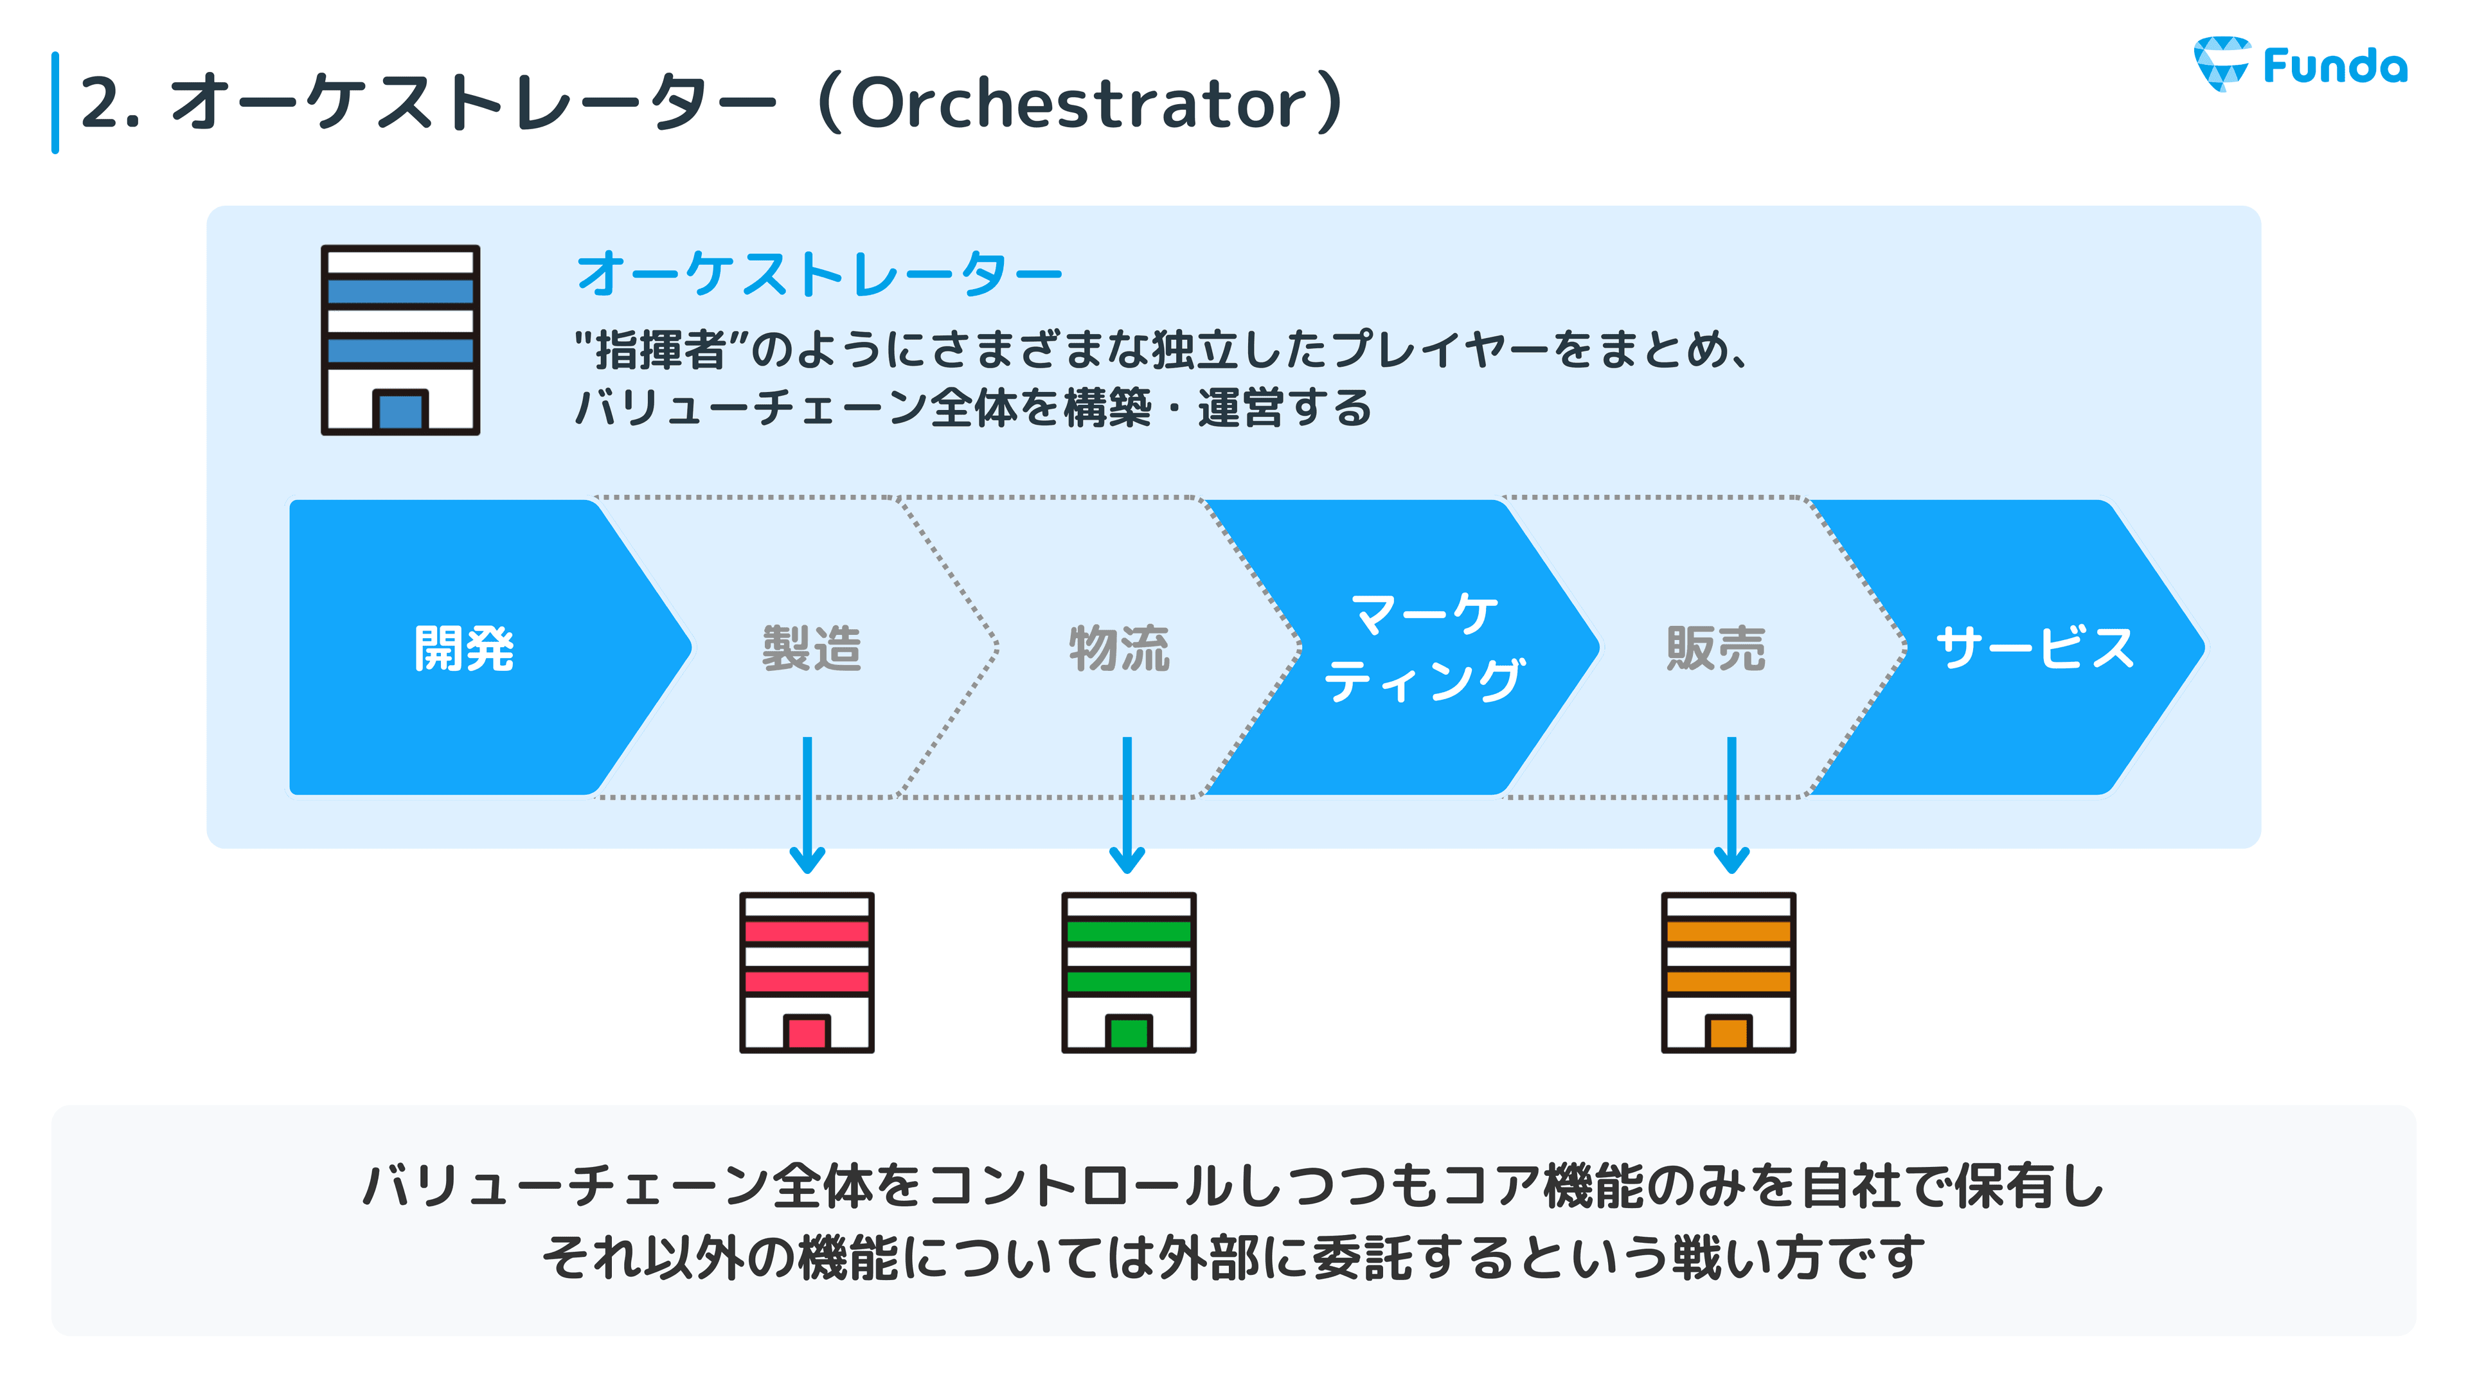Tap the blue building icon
coord(400,340)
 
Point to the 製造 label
coord(812,648)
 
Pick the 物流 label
coord(1119,648)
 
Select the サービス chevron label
coord(2035,648)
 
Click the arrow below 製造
coord(808,805)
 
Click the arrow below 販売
coord(1731,805)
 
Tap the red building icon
coord(807,972)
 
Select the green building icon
coord(1129,972)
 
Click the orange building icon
coord(1728,972)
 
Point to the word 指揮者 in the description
coord(661,350)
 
